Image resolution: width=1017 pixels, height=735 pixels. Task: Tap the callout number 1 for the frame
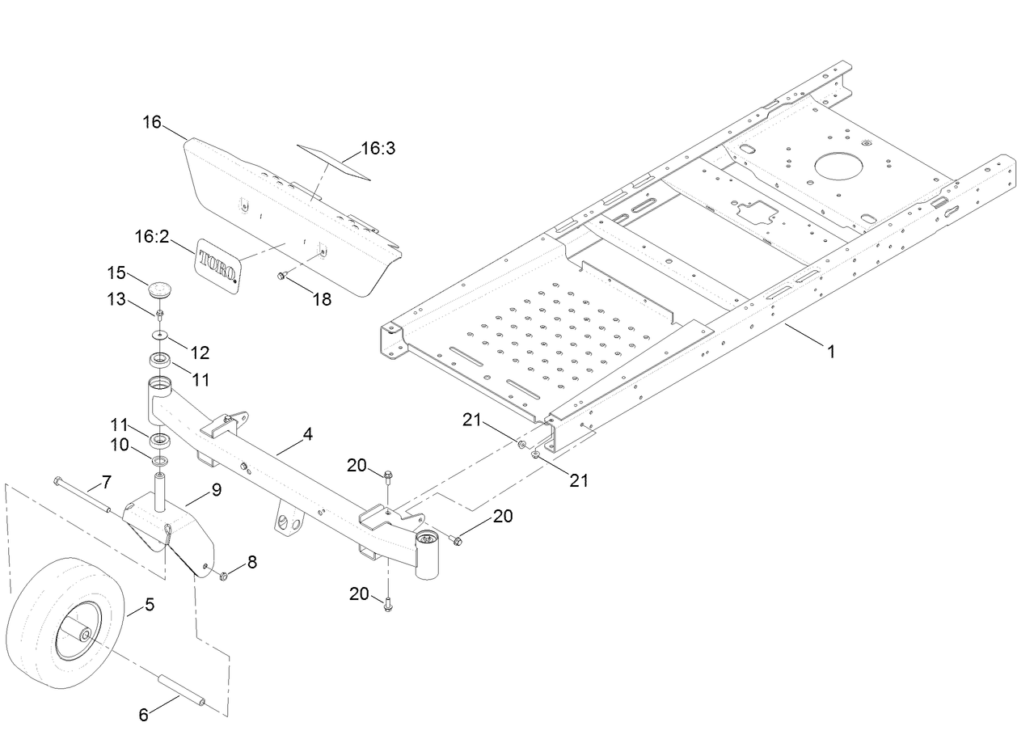(831, 352)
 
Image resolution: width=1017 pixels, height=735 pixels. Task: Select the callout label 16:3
(377, 149)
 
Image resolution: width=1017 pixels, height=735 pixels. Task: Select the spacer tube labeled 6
(182, 691)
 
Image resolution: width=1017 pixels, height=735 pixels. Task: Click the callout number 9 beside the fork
(216, 489)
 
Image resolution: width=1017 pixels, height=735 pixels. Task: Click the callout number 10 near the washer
(119, 445)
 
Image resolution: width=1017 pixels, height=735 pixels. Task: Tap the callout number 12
(199, 353)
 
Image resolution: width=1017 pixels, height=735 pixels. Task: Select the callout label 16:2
(151, 236)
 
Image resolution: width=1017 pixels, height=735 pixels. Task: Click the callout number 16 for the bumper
(152, 122)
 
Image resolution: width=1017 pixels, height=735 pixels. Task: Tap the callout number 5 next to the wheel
(150, 603)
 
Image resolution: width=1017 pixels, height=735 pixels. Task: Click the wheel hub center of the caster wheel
(82, 636)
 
